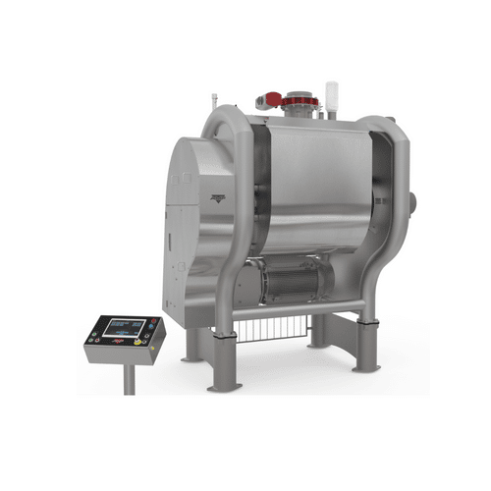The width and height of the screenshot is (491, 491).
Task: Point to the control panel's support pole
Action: point(129,377)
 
